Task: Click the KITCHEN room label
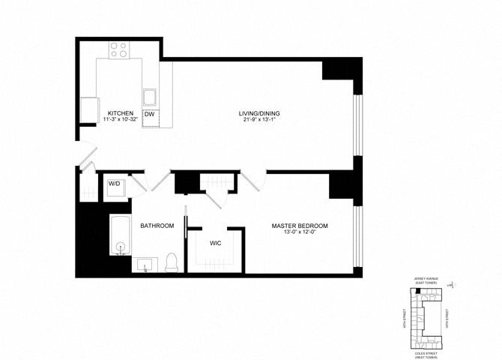(x=120, y=113)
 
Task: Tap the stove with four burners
(x=119, y=49)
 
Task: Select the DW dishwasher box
(x=149, y=114)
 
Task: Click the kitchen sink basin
(x=150, y=96)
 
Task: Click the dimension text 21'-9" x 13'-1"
(x=259, y=120)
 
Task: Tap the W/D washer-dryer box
(x=115, y=183)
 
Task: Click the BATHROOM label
(x=157, y=226)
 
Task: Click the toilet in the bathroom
(x=171, y=262)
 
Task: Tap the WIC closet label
(x=214, y=244)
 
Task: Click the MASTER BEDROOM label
(x=300, y=226)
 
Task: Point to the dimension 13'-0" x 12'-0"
(x=300, y=232)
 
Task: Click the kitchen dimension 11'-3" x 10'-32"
(x=120, y=120)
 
